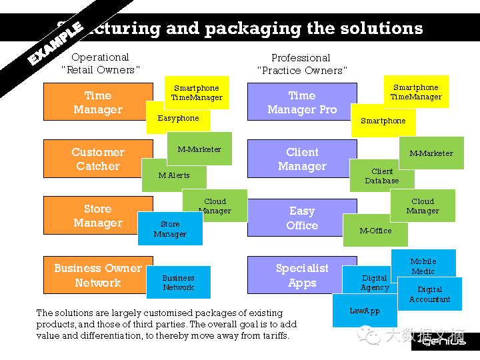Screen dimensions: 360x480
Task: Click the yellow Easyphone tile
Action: point(177,119)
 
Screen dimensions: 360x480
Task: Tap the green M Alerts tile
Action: point(173,176)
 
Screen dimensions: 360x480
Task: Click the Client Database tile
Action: point(381,177)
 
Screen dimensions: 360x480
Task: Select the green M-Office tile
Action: point(375,231)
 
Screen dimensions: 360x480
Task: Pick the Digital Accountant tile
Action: point(429,295)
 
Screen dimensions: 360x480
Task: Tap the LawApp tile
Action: point(364,311)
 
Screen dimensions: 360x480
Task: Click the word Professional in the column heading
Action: point(301,58)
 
